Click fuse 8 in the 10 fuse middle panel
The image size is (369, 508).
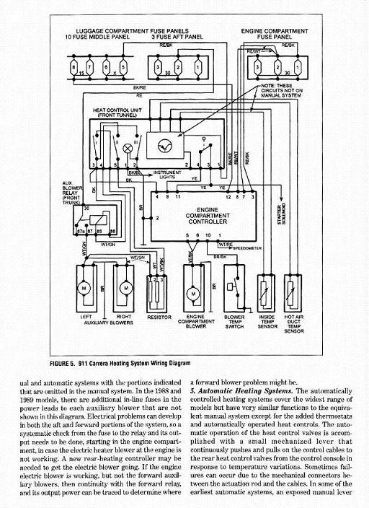coord(77,67)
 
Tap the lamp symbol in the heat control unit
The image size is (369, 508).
coord(129,147)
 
